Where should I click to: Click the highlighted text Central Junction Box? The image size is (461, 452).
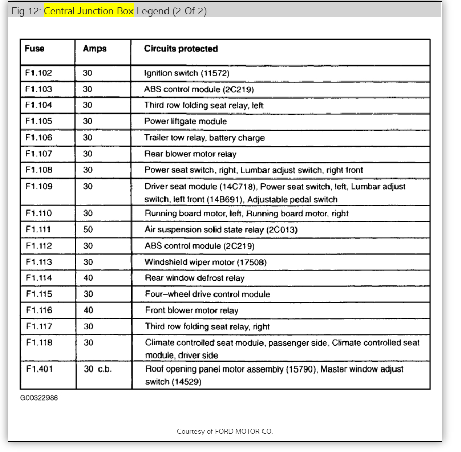pyautogui.click(x=89, y=11)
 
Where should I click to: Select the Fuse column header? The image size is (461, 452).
pyautogui.click(x=35, y=49)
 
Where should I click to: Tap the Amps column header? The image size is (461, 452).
pyautogui.click(x=94, y=49)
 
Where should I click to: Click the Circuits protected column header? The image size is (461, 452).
pyautogui.click(x=181, y=49)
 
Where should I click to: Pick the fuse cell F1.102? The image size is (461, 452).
pyautogui.click(x=39, y=73)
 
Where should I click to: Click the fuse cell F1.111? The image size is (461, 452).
pyautogui.click(x=38, y=230)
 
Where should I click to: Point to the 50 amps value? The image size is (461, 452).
pyautogui.click(x=88, y=230)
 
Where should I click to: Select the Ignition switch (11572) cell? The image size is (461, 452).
pyautogui.click(x=187, y=73)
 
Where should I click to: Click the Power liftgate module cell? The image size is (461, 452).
pyautogui.click(x=186, y=122)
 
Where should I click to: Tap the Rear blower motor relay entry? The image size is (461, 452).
pyautogui.click(x=190, y=154)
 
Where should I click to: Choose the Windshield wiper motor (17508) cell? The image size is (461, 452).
pyautogui.click(x=206, y=262)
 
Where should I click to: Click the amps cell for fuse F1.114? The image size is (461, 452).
pyautogui.click(x=88, y=278)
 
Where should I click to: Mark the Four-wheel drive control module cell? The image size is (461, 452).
pyautogui.click(x=207, y=294)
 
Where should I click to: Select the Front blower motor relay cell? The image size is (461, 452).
pyautogui.click(x=191, y=311)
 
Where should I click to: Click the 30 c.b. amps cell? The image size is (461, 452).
pyautogui.click(x=97, y=369)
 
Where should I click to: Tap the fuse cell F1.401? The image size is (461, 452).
pyautogui.click(x=39, y=369)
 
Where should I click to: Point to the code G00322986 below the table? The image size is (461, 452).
pyautogui.click(x=39, y=398)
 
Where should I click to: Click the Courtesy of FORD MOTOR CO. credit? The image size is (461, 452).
pyautogui.click(x=224, y=431)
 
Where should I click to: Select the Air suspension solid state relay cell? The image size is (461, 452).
pyautogui.click(x=221, y=230)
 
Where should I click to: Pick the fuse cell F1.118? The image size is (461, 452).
pyautogui.click(x=39, y=343)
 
